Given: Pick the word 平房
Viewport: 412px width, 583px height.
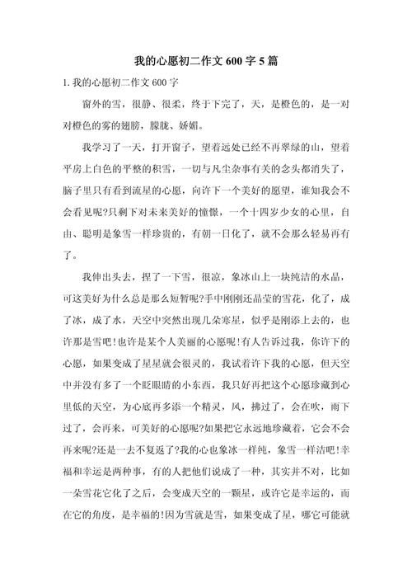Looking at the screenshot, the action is (x=74, y=168).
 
